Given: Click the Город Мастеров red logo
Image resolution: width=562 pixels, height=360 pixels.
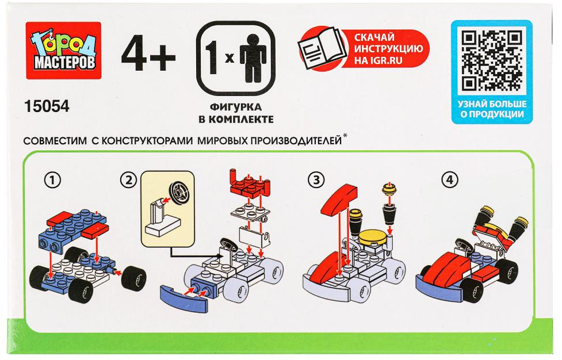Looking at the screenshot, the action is coord(63,51).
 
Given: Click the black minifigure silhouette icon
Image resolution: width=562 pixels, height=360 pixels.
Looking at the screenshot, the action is coord(253,59).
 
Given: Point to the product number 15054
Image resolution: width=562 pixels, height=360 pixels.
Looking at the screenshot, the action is coord(47,106).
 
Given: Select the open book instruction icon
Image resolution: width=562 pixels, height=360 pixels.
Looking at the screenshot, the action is coord(322,48).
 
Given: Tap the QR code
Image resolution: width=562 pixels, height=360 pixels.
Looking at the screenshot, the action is coord(491,60).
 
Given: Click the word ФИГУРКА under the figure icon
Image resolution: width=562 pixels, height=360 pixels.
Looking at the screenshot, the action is coord(235,107).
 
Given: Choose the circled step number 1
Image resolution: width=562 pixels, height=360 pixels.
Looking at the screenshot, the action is coord(52,180).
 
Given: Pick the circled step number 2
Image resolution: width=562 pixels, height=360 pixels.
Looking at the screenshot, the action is coord(129,180).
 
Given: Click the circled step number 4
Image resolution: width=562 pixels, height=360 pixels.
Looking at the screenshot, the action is coord(449,180).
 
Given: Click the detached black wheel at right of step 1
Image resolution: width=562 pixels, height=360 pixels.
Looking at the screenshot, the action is coord(133,278).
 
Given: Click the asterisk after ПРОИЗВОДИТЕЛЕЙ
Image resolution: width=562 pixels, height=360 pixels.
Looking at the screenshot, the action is coord(345,136).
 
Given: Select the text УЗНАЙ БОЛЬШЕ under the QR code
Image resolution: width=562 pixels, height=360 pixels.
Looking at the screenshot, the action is coord(492,104).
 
